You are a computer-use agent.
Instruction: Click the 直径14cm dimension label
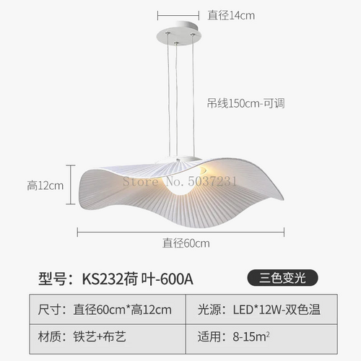click(x=231, y=15)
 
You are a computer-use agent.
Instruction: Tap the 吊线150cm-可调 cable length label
click(x=245, y=103)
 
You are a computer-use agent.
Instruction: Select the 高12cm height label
click(x=45, y=186)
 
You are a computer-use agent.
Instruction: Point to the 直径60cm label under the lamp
click(x=186, y=243)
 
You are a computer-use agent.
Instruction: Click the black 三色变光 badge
click(x=282, y=278)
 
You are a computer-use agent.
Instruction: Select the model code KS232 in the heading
click(x=103, y=279)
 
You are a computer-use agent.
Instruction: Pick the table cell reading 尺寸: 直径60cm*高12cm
click(x=108, y=309)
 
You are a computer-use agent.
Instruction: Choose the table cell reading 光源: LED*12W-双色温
click(x=261, y=309)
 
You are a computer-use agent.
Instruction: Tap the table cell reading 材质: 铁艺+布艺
click(x=108, y=339)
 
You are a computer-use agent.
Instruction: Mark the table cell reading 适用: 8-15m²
click(x=261, y=339)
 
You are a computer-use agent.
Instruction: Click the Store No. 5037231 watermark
click(x=180, y=181)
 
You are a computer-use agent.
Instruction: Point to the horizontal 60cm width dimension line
click(x=180, y=232)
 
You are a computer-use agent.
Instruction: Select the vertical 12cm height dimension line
click(x=71, y=185)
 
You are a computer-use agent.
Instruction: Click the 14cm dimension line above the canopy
click(x=178, y=16)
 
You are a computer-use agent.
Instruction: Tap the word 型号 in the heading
click(x=52, y=279)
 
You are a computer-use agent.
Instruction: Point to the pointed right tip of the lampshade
click(x=283, y=199)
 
